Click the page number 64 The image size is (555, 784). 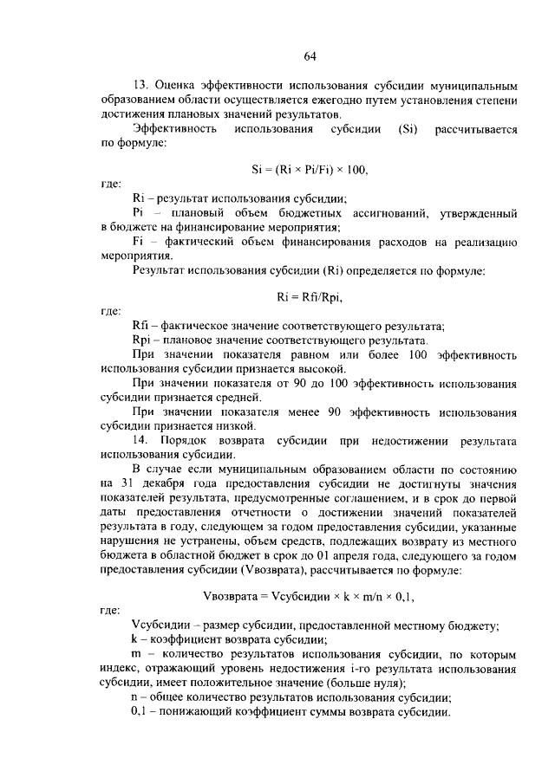point(310,57)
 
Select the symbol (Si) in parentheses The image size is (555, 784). point(408,130)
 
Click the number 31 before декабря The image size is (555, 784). point(131,483)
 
